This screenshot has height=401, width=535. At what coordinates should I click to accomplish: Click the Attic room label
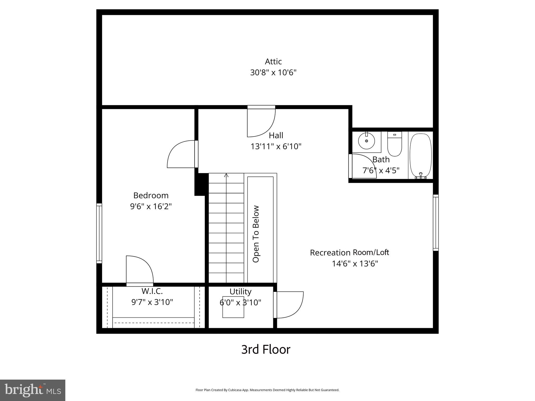[273, 62]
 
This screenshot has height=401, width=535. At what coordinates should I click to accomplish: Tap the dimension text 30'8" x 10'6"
[273, 72]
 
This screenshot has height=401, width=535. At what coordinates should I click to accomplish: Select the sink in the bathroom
[367, 141]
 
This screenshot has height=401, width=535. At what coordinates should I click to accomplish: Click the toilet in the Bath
[394, 144]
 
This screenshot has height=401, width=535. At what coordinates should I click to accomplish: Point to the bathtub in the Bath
[420, 156]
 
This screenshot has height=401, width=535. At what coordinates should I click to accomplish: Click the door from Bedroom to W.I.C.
[139, 270]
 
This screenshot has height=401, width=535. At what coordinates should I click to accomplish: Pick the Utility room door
[289, 305]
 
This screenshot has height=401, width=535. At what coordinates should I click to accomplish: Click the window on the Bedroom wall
[99, 233]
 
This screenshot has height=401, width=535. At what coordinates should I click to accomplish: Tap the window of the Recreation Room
[435, 223]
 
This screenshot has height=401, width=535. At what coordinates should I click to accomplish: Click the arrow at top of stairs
[226, 175]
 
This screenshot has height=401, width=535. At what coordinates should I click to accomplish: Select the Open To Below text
[256, 234]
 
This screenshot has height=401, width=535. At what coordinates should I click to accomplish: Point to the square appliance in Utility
[233, 307]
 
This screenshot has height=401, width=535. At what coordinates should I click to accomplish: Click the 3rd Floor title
[266, 350]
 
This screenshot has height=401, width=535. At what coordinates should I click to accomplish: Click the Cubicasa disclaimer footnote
[267, 390]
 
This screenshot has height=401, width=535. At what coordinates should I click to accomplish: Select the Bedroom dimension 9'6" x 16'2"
[151, 207]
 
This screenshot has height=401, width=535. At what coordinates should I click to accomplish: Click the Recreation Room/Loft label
[349, 252]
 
